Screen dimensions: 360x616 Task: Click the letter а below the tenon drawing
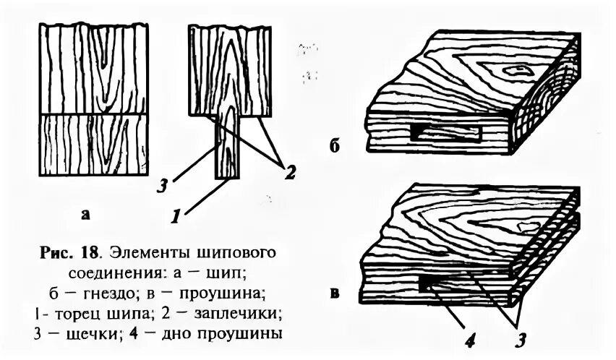tap(86, 215)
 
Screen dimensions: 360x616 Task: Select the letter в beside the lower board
tap(335, 294)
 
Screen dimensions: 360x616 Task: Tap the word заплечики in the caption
tap(230, 315)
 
